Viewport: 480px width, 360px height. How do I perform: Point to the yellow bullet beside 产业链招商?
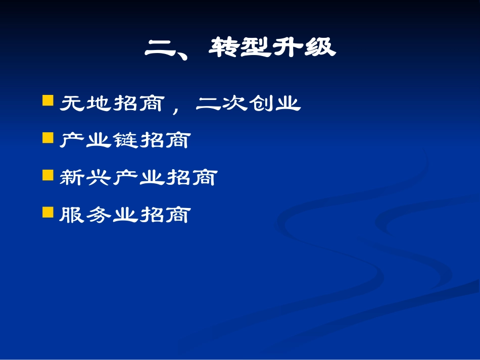(48, 137)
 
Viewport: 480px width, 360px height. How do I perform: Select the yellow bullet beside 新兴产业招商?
(48, 175)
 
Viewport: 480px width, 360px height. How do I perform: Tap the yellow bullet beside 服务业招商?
(48, 212)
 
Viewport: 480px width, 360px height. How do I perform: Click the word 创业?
(275, 104)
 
